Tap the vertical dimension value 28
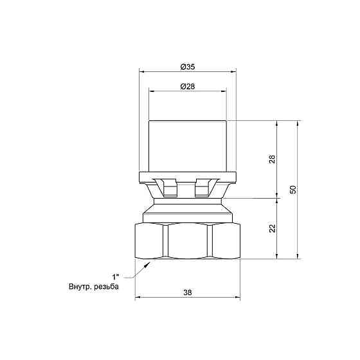pyautogui.click(x=272, y=159)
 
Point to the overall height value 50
pyautogui.click(x=292, y=190)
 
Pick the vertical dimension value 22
pyautogui.click(x=272, y=229)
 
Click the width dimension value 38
pyautogui.click(x=187, y=292)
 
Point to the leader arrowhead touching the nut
pyautogui.click(x=149, y=263)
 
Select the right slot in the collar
pyautogui.click(x=203, y=188)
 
